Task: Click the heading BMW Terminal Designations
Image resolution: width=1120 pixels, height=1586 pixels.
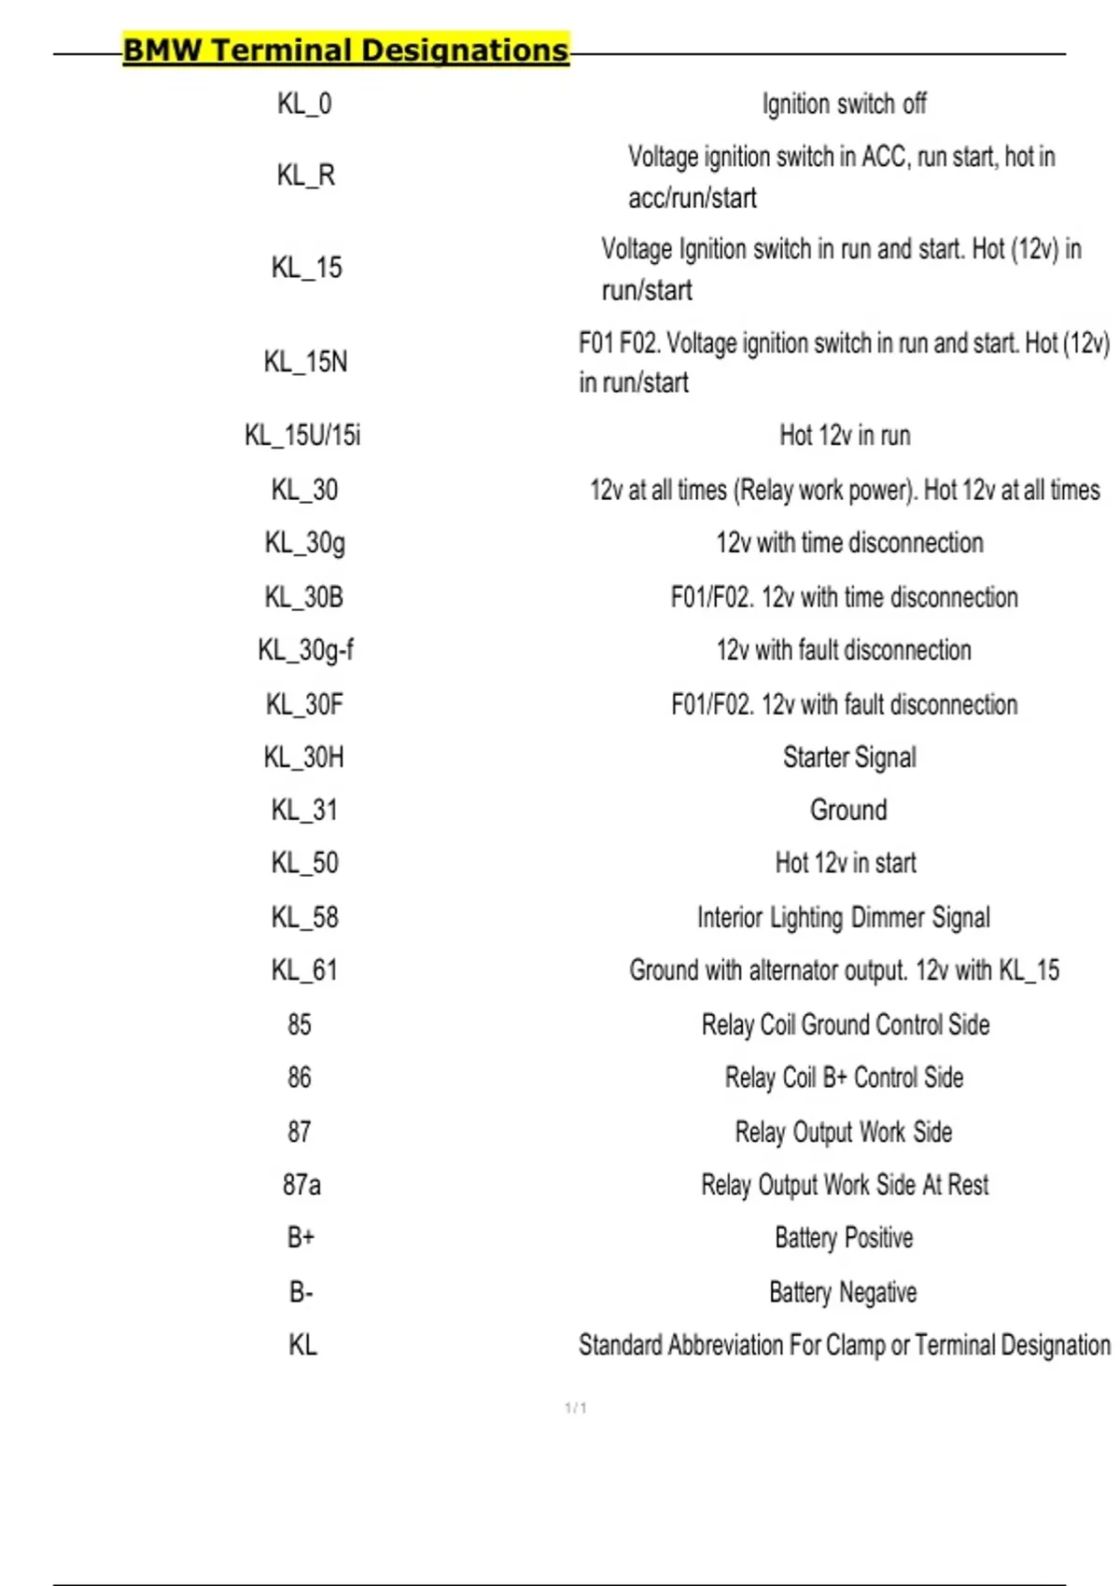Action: (345, 50)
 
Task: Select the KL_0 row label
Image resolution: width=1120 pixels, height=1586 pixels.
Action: (304, 104)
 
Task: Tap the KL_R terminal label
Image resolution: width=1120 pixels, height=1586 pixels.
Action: (305, 175)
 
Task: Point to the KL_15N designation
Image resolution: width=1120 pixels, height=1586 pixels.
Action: (305, 362)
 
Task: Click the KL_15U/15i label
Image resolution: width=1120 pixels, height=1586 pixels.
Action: (302, 436)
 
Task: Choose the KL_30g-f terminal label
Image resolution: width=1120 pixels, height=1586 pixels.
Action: (305, 650)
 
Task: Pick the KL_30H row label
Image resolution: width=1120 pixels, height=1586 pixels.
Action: (304, 758)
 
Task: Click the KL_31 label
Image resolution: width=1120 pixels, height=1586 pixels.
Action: (304, 810)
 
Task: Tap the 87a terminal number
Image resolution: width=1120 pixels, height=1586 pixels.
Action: (301, 1186)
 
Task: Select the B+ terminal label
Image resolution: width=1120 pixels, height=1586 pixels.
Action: (301, 1238)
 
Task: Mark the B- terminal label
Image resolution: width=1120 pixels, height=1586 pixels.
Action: (301, 1292)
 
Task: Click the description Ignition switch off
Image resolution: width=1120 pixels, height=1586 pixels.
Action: (844, 104)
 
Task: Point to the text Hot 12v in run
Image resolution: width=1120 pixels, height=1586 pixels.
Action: (845, 436)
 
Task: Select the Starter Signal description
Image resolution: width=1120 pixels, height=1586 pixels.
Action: (849, 758)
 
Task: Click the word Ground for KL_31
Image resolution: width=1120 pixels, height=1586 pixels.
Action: (848, 810)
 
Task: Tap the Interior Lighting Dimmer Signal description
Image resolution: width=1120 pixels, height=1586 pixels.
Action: (844, 918)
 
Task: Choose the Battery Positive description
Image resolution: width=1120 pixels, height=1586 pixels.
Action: (844, 1238)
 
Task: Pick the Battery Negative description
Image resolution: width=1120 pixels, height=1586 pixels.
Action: (843, 1292)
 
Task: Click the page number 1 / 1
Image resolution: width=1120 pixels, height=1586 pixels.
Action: (576, 1408)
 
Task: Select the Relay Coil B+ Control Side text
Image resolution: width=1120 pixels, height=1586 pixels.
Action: (844, 1078)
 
